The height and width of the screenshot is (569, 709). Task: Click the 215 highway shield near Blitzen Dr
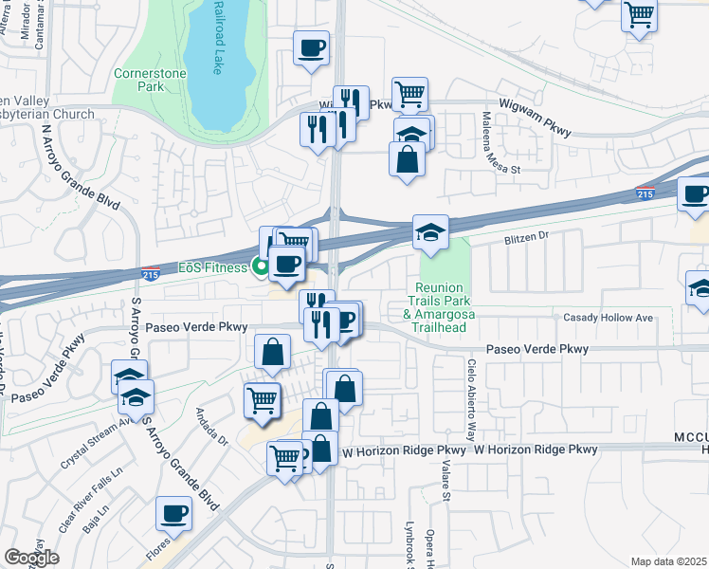643,194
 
